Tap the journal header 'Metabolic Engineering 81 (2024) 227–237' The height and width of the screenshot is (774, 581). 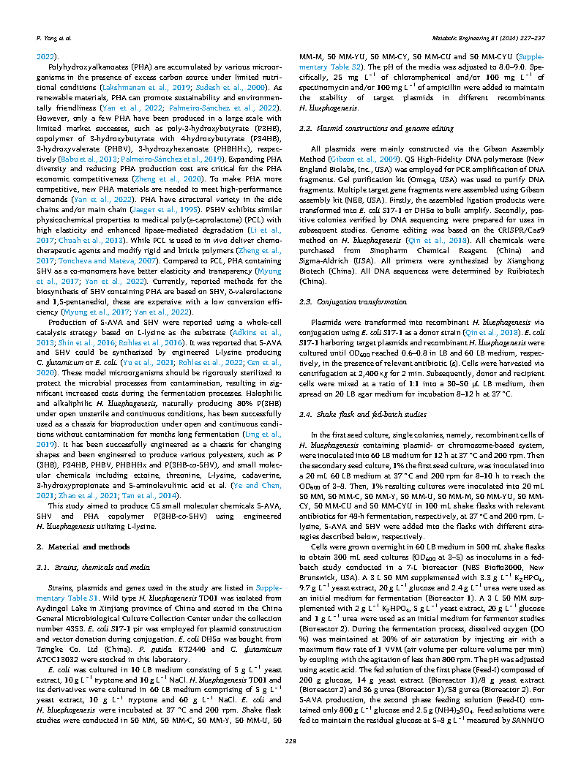coord(497,37)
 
